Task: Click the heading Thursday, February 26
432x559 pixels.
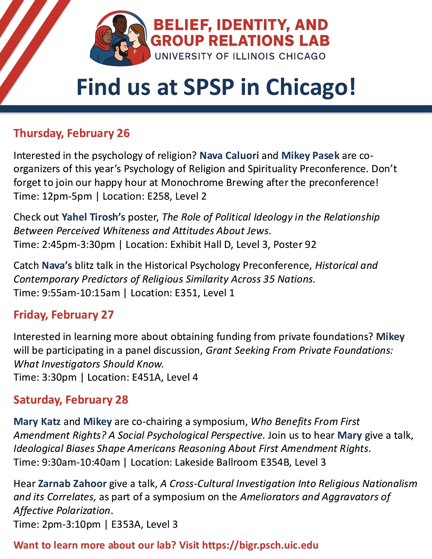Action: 72,133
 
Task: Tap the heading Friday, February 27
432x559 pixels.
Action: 64,315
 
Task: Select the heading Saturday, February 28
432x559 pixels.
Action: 71,400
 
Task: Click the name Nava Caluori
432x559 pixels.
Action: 229,155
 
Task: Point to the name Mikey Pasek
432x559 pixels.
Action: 310,155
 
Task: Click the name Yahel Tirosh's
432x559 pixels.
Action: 93,217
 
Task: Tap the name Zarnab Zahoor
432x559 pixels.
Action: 72,484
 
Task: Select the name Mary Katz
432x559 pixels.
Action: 37,421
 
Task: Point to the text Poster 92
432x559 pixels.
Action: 295,245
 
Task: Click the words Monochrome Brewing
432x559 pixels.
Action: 212,183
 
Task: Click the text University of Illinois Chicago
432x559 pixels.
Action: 240,56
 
